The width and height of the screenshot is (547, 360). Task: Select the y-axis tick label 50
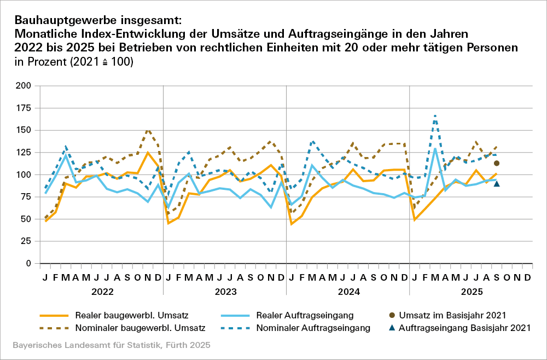point(25,219)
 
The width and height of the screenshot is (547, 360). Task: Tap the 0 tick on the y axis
point(28,263)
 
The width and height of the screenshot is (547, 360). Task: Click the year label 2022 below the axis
point(102,292)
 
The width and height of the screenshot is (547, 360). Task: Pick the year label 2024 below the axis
point(348,292)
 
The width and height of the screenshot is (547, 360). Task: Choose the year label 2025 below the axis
point(472,292)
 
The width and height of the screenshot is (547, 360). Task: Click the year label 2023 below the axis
point(225,292)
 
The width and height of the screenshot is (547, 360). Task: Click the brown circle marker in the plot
point(497,163)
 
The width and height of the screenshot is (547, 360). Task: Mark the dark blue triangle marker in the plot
point(497,183)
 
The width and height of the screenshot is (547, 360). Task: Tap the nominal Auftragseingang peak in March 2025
point(435,115)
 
